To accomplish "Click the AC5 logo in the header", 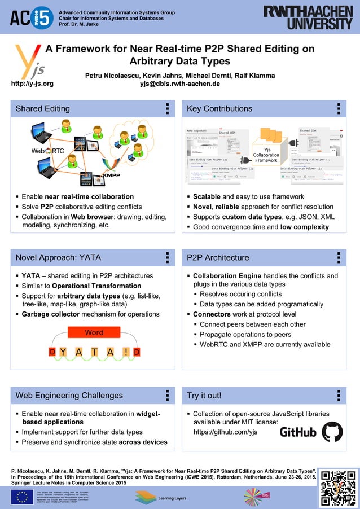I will pyautogui.click(x=31, y=17).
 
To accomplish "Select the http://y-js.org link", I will pyautogui.click(x=32, y=84).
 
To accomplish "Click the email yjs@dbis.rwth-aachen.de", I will pyautogui.click(x=180, y=84).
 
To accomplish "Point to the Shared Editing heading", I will pyautogui.click(x=43, y=108).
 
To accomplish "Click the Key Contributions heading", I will pyautogui.click(x=219, y=108).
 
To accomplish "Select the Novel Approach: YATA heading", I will pyautogui.click(x=58, y=257).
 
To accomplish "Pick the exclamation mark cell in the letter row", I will pyautogui.click(x=125, y=352).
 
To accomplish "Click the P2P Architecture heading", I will pyautogui.click(x=218, y=257).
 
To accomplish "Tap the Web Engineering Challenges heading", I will pyautogui.click(x=69, y=395).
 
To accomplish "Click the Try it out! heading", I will pyautogui.click(x=204, y=395).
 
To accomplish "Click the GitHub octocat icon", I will pyautogui.click(x=332, y=432).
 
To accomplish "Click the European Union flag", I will pyautogui.click(x=22, y=497).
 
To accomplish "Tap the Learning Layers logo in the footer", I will pyautogui.click(x=161, y=497).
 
